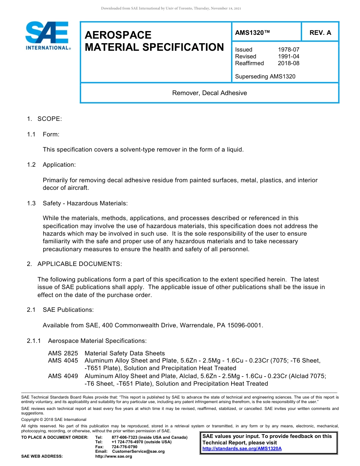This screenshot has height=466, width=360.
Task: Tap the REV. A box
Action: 320,33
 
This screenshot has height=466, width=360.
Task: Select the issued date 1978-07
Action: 288,50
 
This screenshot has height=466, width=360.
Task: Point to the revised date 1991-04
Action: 288,56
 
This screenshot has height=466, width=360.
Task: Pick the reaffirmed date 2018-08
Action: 288,63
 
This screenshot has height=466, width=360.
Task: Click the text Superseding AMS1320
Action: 265,77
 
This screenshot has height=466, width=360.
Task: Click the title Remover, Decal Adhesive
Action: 209,93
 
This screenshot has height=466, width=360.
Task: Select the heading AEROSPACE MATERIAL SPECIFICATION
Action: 154,41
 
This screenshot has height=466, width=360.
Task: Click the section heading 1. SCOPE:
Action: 44,119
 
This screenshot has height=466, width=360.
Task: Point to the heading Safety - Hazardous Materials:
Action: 85,203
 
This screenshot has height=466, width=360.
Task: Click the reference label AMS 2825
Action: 63,353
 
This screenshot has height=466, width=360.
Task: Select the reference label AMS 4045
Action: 63,361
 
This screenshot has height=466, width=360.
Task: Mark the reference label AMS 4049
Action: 63,376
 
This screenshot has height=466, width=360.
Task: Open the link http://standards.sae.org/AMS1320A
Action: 242,449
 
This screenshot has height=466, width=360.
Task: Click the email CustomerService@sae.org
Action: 138,451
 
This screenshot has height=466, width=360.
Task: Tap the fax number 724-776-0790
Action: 124,447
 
